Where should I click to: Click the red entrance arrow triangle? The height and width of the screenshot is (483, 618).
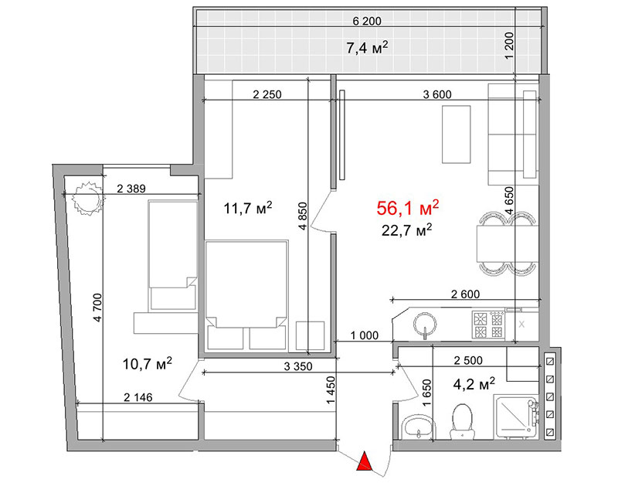tap(365, 461)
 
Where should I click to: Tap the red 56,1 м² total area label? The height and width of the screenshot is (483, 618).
tap(408, 208)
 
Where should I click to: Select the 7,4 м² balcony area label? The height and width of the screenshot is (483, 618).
tap(367, 48)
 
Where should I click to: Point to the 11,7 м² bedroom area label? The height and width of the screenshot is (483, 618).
tap(247, 207)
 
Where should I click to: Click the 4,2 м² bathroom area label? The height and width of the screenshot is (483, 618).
tap(474, 383)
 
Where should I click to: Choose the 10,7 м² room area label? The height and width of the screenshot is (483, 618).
tap(147, 363)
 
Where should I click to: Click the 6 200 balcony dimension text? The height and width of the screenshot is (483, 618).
tap(366, 21)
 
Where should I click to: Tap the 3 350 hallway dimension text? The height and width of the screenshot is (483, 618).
tap(298, 366)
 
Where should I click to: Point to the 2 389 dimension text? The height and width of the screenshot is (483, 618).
tap(131, 189)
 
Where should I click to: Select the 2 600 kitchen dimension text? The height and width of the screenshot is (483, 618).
tap(466, 294)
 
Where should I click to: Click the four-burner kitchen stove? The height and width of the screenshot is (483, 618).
tap(488, 325)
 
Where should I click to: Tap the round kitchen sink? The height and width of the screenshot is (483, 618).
tap(425, 325)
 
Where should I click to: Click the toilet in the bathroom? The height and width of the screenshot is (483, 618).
tap(462, 421)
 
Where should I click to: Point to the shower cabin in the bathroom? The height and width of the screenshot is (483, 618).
tap(517, 417)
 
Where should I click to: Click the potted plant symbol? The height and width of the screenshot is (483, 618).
tap(88, 199)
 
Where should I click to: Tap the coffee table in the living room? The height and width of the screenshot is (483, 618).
tap(456, 134)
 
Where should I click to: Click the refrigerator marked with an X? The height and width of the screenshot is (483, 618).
tap(521, 325)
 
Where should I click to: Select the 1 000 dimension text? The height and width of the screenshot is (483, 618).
tap(364, 335)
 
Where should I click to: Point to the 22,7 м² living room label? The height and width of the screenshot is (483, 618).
tap(407, 230)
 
